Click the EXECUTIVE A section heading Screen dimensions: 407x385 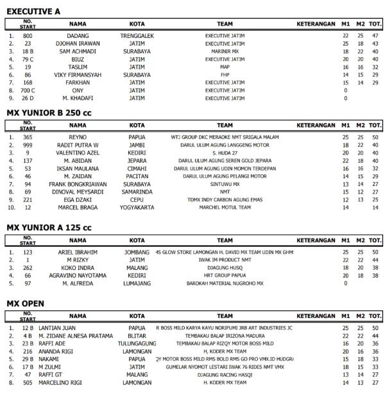(x=33, y=12)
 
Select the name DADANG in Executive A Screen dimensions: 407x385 (x=78, y=35)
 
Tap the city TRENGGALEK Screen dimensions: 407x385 (x=137, y=35)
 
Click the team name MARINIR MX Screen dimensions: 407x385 (x=225, y=51)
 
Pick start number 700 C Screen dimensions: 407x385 (x=28, y=90)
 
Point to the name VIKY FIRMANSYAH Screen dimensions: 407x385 (x=78, y=74)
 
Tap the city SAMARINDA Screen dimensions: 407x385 (x=137, y=192)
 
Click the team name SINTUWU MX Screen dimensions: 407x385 (x=225, y=184)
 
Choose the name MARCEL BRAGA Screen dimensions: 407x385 (x=78, y=208)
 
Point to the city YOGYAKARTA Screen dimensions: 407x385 (x=137, y=208)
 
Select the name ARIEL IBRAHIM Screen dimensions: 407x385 (x=78, y=252)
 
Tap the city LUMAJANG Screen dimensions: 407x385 (x=137, y=283)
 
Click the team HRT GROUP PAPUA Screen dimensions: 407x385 (x=225, y=275)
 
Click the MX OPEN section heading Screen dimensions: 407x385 (x=26, y=303)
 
